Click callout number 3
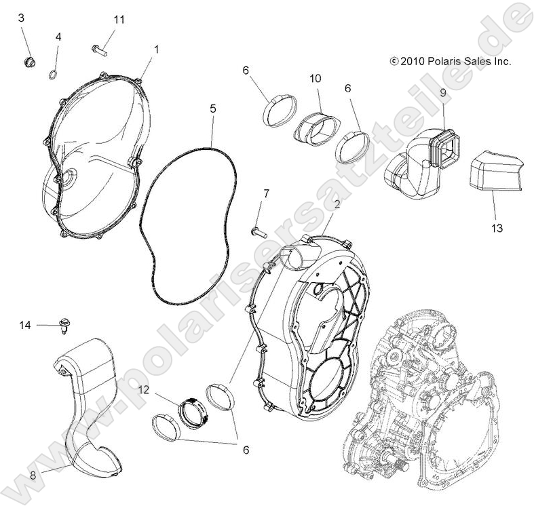21,18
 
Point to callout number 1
156,50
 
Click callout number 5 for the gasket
212,109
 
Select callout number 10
316,79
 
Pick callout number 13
497,228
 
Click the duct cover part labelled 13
495,175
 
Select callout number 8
33,473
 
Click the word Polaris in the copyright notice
443,61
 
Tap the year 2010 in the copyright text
412,61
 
